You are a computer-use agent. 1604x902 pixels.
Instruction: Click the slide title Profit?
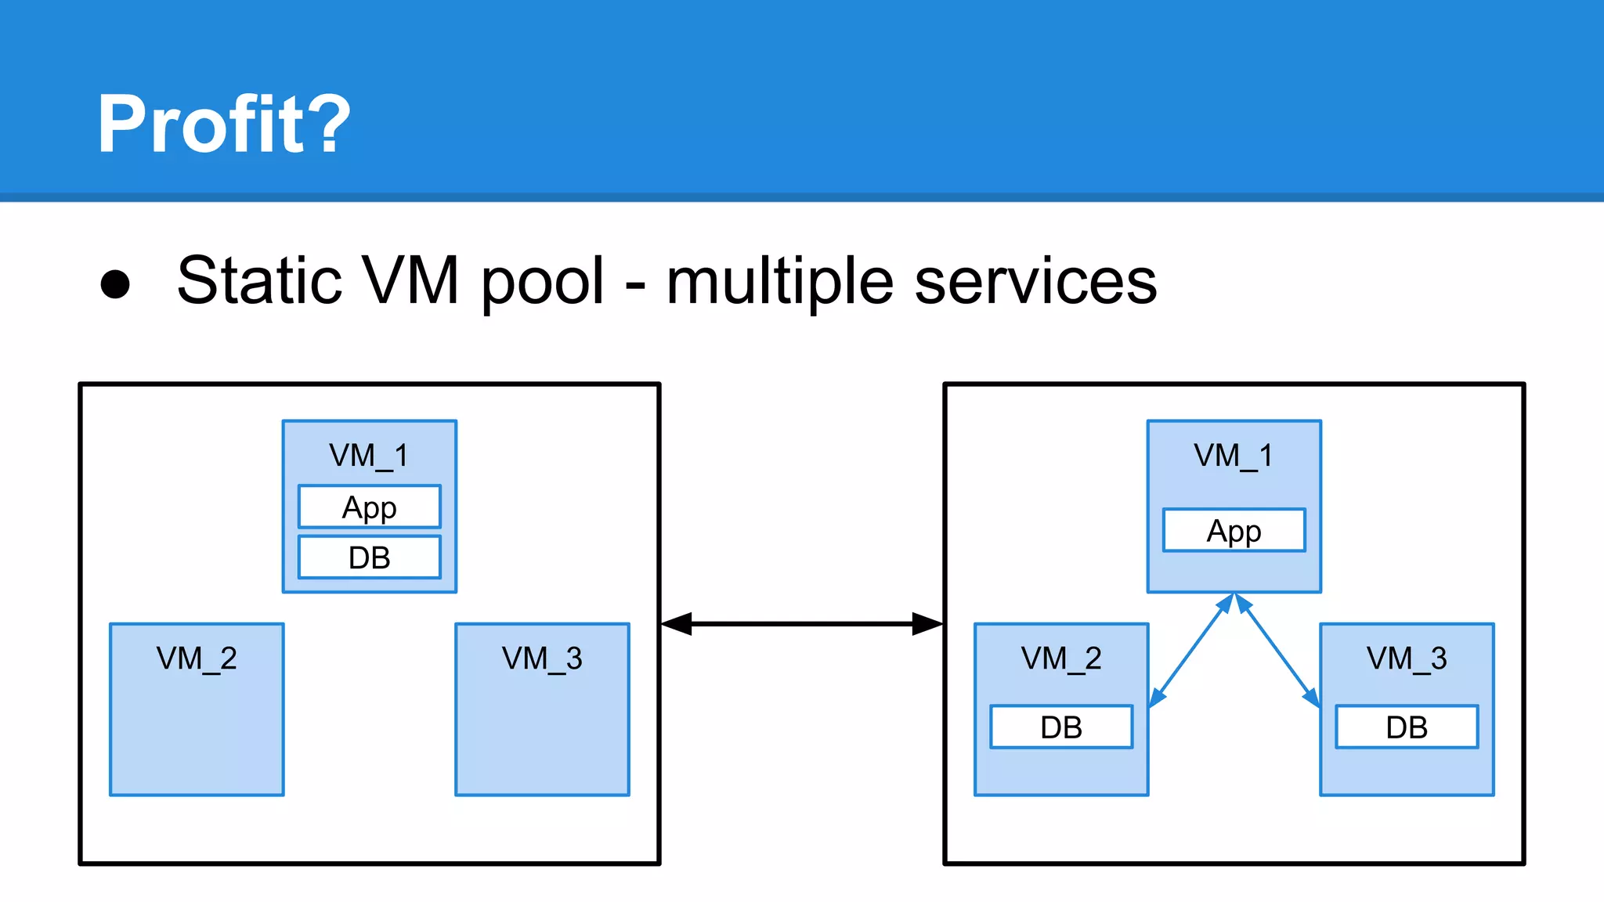[223, 124]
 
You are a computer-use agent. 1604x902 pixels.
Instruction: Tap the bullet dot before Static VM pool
[115, 283]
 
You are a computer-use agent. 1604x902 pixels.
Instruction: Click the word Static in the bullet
[259, 280]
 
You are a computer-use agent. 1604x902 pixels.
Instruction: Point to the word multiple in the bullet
[779, 283]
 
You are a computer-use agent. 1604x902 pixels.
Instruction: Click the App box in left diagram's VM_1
[369, 507]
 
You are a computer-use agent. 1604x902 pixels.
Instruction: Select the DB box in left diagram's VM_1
[369, 557]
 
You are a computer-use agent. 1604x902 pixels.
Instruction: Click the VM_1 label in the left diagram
[369, 455]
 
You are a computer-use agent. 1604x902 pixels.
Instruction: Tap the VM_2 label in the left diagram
[197, 658]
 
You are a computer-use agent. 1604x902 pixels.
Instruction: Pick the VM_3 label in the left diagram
[542, 658]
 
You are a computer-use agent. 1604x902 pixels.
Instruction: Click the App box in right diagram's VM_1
[1234, 531]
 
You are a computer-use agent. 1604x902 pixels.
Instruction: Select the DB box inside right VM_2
[1061, 727]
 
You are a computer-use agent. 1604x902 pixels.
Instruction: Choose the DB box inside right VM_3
[1407, 727]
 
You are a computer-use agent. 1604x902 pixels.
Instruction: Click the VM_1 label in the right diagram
[1234, 455]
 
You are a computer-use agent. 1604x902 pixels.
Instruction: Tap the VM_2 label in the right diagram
[1061, 658]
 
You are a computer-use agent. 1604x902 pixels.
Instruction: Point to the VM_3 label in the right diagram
[1407, 658]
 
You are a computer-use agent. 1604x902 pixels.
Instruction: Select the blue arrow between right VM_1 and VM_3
[1277, 651]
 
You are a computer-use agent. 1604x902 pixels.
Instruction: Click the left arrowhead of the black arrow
[677, 624]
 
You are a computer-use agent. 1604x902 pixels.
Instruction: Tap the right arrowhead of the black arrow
[927, 624]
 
